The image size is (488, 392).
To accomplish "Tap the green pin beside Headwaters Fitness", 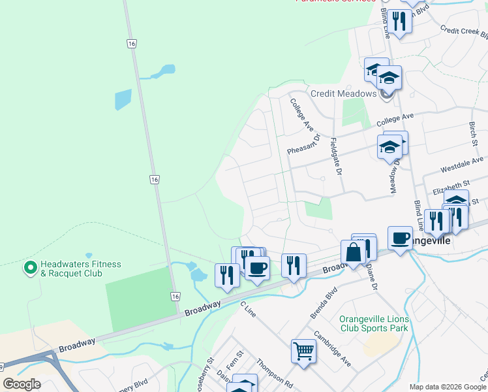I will (29, 268).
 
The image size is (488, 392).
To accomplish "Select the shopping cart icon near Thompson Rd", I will (303, 351).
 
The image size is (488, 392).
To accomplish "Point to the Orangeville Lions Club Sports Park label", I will (374, 323).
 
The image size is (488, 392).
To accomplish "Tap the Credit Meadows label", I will (343, 93).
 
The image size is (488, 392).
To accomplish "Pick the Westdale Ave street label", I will (462, 164).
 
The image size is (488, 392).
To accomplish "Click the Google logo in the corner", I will (22, 384).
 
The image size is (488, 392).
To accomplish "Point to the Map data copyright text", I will (448, 387).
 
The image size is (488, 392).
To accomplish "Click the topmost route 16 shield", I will (132, 42).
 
